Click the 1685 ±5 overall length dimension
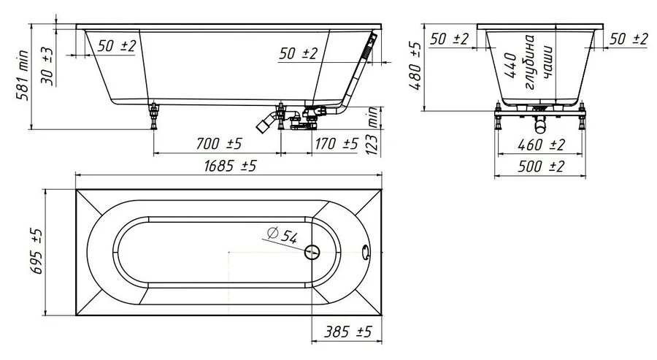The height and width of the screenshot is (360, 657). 230,166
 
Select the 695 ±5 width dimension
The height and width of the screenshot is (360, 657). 37,251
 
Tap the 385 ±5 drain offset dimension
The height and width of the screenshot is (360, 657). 347,332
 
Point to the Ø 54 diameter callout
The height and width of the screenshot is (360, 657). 283,235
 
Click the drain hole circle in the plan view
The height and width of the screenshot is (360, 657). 312,253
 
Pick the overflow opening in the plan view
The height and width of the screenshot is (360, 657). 366,253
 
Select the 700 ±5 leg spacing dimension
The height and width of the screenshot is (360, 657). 219,144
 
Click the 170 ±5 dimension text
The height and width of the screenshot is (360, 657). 337,144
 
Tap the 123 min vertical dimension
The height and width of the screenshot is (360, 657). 372,130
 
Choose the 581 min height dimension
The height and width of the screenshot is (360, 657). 22,75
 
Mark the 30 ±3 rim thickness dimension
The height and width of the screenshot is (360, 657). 47,66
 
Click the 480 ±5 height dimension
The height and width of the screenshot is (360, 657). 415,66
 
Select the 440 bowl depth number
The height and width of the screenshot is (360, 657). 510,66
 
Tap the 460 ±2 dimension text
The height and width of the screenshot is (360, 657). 542,145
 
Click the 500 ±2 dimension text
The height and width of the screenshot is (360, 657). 541,166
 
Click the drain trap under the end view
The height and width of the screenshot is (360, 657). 540,120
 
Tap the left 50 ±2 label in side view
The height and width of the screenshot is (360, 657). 117,46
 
